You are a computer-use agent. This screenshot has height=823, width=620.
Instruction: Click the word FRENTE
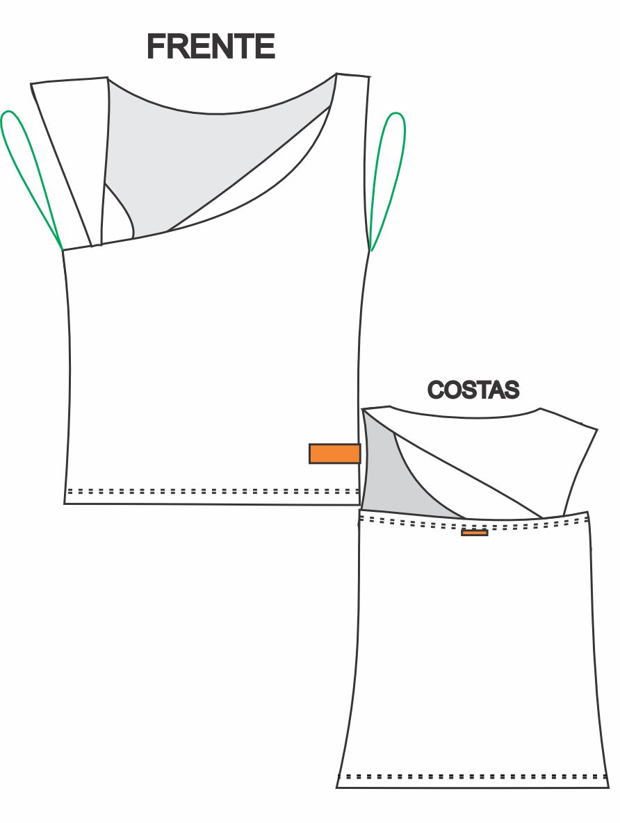pyautogui.click(x=211, y=47)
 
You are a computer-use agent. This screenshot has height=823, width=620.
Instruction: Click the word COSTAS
pyautogui.click(x=473, y=390)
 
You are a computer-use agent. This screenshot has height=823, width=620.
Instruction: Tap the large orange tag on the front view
pyautogui.click(x=334, y=454)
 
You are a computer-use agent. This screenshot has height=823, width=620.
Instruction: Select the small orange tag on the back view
pyautogui.click(x=474, y=533)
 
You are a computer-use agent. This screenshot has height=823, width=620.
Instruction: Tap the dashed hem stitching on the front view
pyautogui.click(x=209, y=491)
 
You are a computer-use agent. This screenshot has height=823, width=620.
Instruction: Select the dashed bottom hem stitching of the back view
pyautogui.click(x=473, y=776)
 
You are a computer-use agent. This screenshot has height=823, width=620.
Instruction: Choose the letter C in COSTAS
pyautogui.click(x=435, y=390)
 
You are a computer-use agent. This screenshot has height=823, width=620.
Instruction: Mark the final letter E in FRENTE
pyautogui.click(x=266, y=47)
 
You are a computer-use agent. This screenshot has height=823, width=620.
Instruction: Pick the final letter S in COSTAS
pyautogui.click(x=512, y=390)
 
